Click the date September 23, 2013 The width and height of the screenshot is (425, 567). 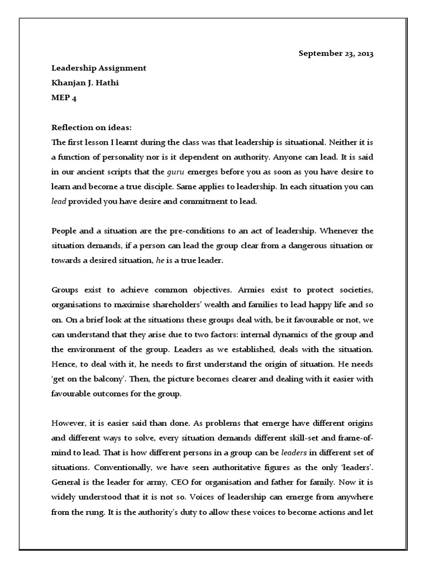(336, 54)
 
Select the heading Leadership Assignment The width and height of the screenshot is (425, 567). (99, 68)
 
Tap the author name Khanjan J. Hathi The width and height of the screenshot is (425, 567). (85, 83)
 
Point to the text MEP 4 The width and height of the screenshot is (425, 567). (64, 97)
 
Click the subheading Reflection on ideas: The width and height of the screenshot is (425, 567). (89, 127)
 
